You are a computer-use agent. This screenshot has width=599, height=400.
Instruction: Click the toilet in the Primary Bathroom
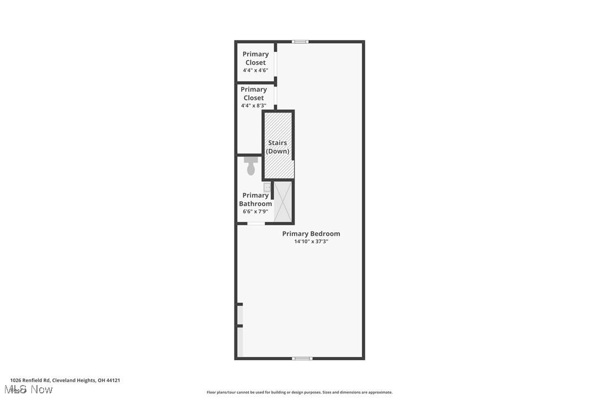coord(251,165)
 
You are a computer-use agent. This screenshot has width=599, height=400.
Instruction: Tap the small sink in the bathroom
coord(267,187)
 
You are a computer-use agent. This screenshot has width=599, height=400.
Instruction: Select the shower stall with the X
coord(283,201)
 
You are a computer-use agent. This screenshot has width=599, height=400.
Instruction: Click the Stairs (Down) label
coord(277,147)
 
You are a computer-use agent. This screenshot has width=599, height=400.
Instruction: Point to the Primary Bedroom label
coord(311,234)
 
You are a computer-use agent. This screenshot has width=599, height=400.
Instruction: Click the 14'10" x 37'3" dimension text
coord(311,241)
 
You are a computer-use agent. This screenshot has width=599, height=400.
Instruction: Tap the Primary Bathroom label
coord(255,199)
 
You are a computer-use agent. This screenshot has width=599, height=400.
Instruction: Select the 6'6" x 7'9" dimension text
coord(255,211)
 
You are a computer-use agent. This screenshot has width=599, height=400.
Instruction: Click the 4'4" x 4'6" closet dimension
coord(255,70)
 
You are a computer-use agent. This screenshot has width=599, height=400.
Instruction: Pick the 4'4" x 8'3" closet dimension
coord(254,106)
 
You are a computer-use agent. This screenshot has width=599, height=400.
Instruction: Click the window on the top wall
coord(300,41)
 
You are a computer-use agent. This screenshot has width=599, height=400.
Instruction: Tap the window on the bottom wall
coord(302,359)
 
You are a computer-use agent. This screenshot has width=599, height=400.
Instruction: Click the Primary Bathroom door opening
coord(256,223)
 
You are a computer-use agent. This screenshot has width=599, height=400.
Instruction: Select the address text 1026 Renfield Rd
coord(30,380)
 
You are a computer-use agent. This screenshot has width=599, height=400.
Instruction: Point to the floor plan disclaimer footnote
coord(299,392)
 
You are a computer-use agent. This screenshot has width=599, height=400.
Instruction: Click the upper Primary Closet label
coord(255,58)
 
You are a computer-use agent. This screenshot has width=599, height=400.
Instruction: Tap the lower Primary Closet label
coord(254,93)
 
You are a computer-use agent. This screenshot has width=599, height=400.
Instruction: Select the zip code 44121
coord(113,380)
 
